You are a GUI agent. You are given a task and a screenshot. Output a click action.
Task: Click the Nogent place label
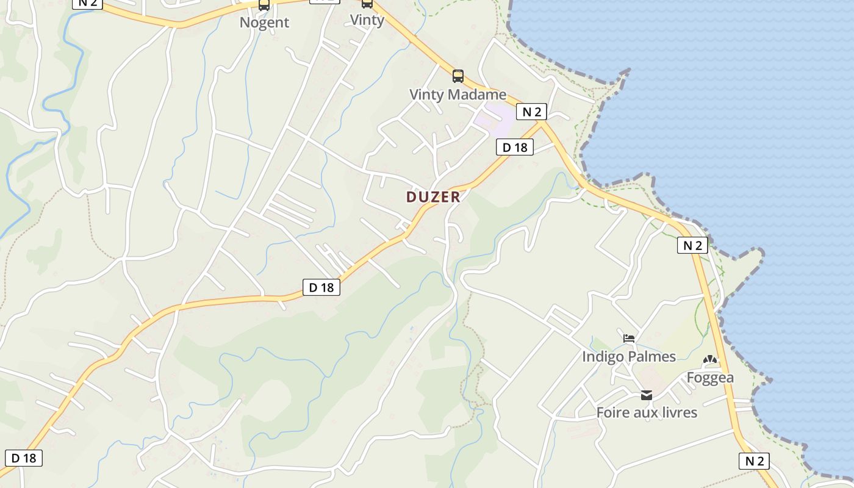[x=264, y=23]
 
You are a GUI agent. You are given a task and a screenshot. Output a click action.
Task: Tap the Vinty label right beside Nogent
[x=367, y=20]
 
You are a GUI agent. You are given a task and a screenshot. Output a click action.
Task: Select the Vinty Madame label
[x=457, y=95]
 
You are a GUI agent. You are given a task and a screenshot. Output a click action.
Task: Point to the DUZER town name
[x=433, y=197]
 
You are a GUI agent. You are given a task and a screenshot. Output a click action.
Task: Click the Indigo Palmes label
[x=629, y=357]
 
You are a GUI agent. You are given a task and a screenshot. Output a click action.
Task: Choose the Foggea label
[x=710, y=378]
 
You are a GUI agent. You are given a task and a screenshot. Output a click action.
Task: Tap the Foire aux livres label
[x=647, y=412]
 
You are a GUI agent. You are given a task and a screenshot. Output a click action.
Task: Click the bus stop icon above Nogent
[x=264, y=5]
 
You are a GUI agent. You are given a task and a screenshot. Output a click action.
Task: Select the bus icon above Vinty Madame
[x=457, y=76]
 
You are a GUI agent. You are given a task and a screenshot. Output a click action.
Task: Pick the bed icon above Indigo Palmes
[x=629, y=338]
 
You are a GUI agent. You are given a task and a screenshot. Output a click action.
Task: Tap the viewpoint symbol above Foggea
[x=710, y=360]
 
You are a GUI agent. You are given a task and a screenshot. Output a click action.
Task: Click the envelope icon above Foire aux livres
[x=647, y=395]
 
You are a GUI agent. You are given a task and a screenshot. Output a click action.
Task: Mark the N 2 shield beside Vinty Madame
[x=531, y=112]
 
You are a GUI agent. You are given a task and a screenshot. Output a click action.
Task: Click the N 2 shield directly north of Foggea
[x=692, y=245]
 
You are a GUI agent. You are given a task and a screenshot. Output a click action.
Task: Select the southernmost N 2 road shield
[x=755, y=461]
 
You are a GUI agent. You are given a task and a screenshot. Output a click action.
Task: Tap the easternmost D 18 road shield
[x=515, y=147]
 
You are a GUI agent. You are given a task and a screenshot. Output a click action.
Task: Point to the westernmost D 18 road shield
[x=24, y=458]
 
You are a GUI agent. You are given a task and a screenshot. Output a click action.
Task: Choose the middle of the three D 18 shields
[x=321, y=287]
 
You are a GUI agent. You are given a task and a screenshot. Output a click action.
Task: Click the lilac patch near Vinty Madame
[x=498, y=119]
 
